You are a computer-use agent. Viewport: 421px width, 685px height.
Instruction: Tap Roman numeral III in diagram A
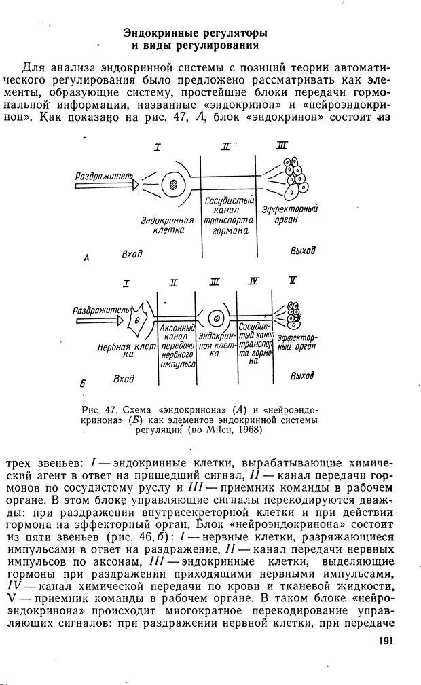pyautogui.click(x=282, y=146)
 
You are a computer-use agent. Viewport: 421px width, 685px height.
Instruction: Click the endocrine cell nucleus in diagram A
pyautogui.click(x=175, y=183)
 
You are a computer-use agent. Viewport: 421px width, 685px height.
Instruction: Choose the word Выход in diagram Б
pyautogui.click(x=302, y=375)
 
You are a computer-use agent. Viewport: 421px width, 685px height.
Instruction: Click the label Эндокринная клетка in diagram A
pyautogui.click(x=167, y=225)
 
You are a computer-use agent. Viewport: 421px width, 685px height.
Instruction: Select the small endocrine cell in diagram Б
pyautogui.click(x=217, y=316)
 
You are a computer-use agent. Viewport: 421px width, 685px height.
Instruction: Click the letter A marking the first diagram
pyautogui.click(x=87, y=258)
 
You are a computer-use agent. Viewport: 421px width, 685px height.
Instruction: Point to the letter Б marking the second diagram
pyautogui.click(x=82, y=384)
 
